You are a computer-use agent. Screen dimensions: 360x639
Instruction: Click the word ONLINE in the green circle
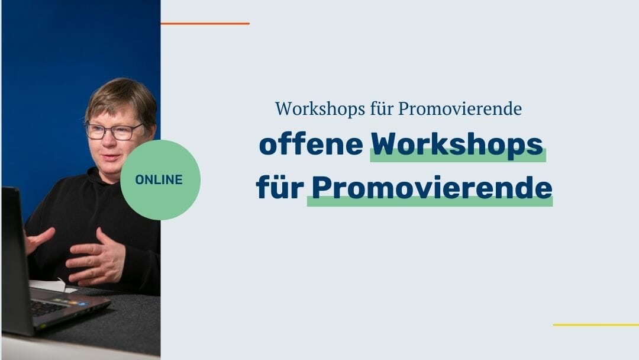[159, 179]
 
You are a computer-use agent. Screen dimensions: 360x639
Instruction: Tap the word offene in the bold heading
[311, 144]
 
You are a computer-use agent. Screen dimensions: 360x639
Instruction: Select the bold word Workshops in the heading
[457, 144]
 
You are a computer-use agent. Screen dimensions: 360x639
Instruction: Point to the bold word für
[280, 188]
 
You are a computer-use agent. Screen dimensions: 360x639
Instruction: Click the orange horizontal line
[205, 24]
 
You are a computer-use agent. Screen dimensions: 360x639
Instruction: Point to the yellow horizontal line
[595, 324]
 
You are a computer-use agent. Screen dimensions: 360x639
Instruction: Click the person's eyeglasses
[114, 131]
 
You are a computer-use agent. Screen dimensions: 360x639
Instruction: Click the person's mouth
[109, 158]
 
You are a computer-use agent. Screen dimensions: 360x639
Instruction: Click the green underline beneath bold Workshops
[457, 157]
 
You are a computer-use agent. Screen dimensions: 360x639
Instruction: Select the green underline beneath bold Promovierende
[430, 202]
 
